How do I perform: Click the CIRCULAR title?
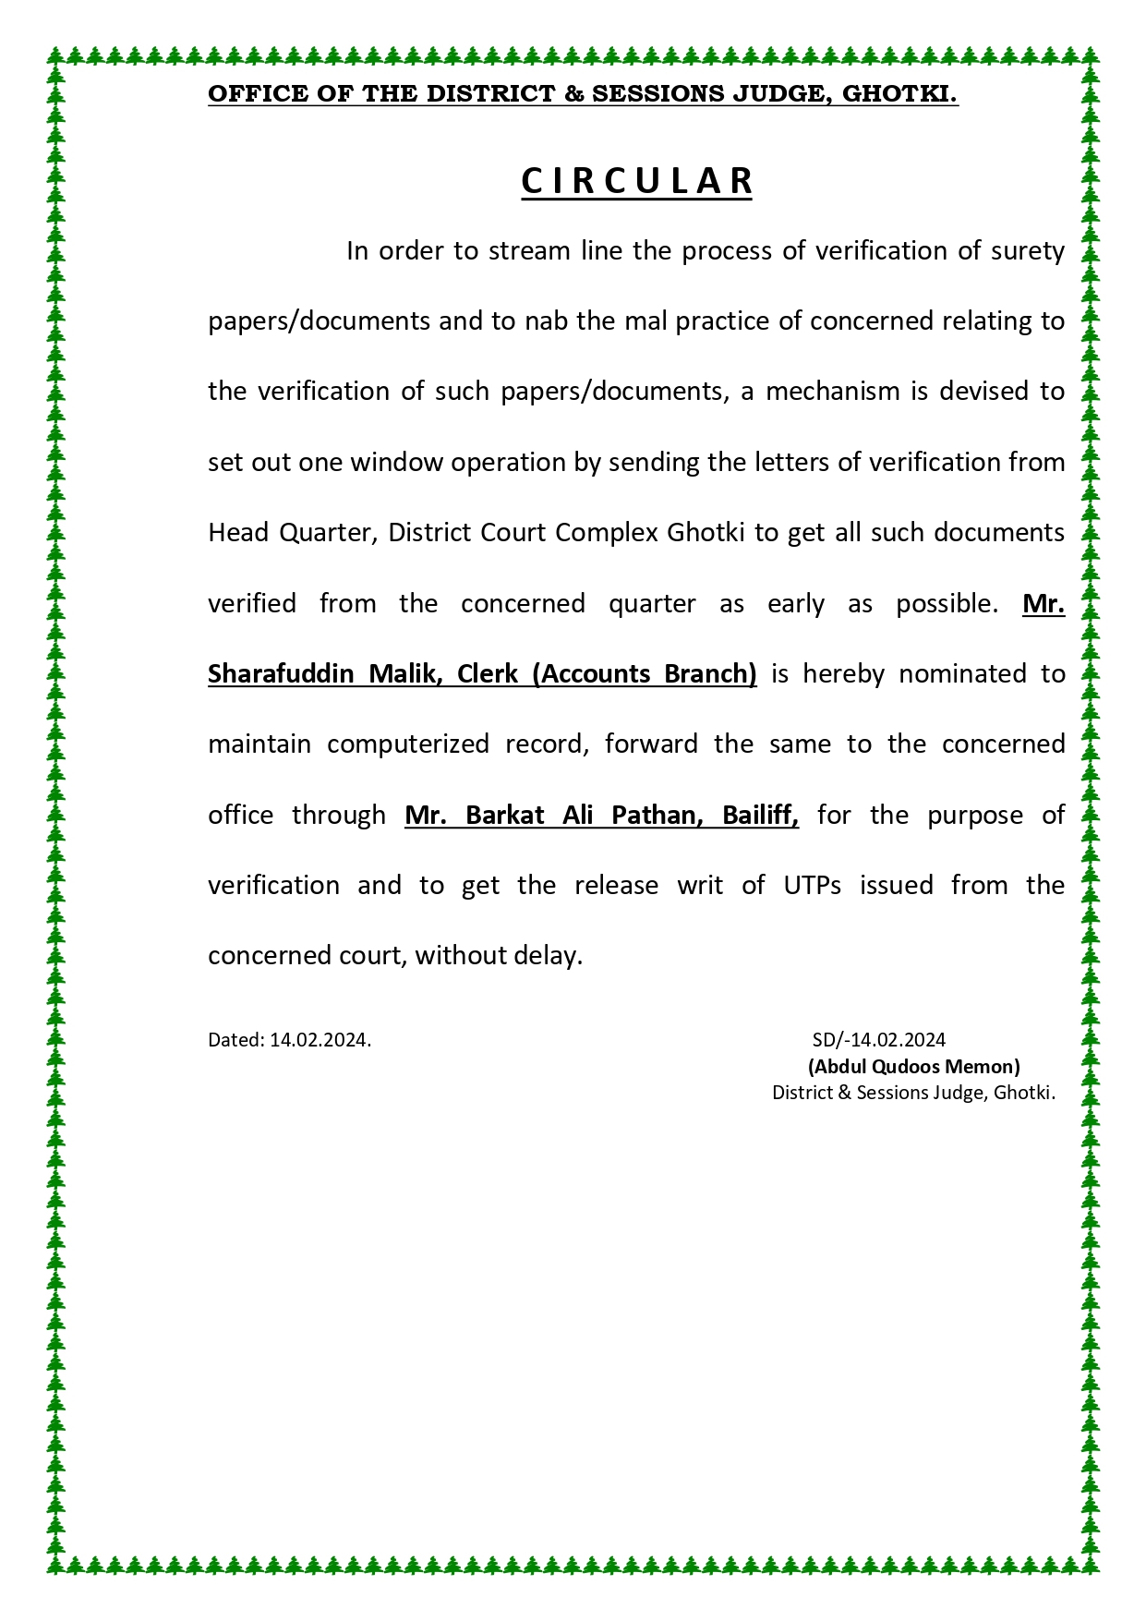(x=637, y=181)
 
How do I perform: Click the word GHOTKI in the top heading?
(x=900, y=93)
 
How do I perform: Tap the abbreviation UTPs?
(x=813, y=885)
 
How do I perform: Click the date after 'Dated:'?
(x=320, y=1040)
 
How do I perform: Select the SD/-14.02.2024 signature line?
(x=878, y=1040)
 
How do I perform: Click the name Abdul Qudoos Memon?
(x=914, y=1067)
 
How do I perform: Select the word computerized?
(x=408, y=744)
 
